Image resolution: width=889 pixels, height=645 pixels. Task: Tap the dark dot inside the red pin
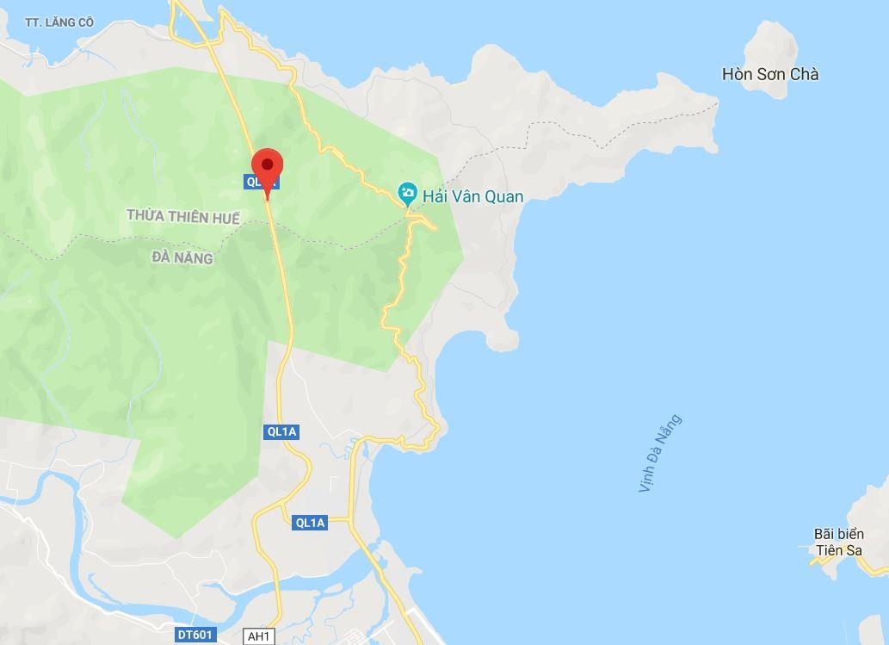268,164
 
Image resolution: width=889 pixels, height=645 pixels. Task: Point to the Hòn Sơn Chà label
770,75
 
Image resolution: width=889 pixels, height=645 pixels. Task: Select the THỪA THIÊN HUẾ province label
182,217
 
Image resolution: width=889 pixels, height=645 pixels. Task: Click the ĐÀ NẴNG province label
182,257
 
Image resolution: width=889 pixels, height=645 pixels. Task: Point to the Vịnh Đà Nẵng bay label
660,454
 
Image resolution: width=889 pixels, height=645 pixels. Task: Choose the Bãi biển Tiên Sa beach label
838,543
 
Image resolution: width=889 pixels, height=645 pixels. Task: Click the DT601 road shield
196,636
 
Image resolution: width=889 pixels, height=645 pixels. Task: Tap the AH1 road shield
257,636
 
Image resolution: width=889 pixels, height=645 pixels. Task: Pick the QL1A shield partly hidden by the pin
259,182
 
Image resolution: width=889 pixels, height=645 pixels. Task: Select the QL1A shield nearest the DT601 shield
310,523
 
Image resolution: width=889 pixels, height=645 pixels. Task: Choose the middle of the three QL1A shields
281,432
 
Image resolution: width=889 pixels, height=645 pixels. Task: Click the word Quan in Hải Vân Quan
504,196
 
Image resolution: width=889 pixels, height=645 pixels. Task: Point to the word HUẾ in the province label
225,217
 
